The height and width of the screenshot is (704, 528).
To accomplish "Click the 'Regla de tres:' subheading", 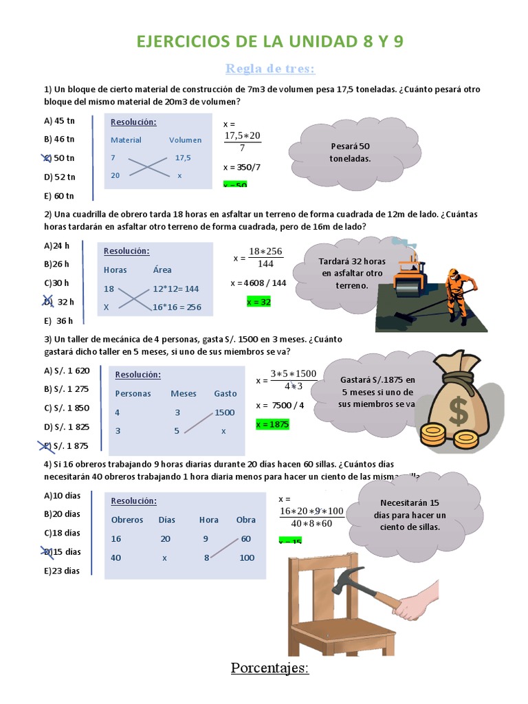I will pos(270,68).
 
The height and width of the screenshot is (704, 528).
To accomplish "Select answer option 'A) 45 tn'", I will pos(59,120).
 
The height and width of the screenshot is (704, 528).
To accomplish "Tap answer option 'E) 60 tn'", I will pos(59,195).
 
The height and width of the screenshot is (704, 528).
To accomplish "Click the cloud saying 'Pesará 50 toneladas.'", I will pos(350,152).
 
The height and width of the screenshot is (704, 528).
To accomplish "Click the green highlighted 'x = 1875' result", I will pos(272,424).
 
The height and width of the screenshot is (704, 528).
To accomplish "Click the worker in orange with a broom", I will pos(455,292).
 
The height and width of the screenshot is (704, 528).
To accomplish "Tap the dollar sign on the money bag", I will pos(457,410).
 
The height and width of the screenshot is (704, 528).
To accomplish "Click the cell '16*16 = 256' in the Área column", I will pos(177,307).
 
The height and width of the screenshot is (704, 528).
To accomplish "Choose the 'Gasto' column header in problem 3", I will pos(225,394).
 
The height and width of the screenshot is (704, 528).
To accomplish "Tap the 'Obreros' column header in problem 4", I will pos(127,520).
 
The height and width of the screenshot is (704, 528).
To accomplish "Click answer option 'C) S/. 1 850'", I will pos(67,408).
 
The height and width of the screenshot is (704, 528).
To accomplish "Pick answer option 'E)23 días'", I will pos(62,570).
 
